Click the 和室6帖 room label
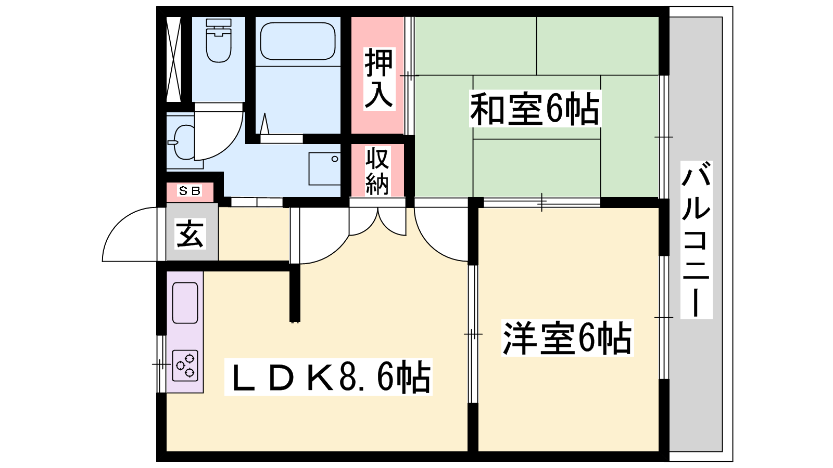coord(535,109)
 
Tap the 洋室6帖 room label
coord(567,337)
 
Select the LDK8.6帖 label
coord(328,376)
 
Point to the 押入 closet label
coord(378,79)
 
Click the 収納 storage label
coord(377,171)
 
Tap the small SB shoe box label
coord(190,191)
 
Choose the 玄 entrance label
coord(190,233)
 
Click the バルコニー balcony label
coord(696,240)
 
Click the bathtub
coord(298,41)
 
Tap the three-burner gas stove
coord(185,366)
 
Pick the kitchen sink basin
coord(185,303)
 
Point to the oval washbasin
coord(182,142)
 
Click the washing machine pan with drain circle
coord(325,168)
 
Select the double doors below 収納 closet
coord(377,222)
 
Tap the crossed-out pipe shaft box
coord(173,59)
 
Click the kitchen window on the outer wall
coord(161,364)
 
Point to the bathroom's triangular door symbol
coord(264,124)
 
